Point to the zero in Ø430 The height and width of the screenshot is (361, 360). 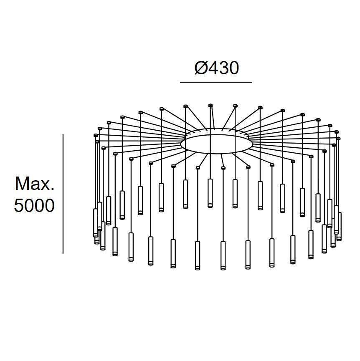(233, 68)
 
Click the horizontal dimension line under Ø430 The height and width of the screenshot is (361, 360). (216, 82)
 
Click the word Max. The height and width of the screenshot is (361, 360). (34, 184)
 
